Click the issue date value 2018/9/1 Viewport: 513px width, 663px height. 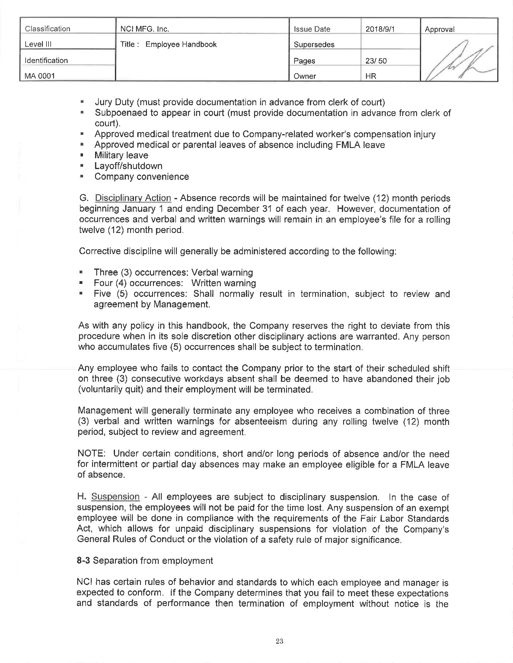pyautogui.click(x=380, y=29)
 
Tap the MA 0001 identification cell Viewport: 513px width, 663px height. pyautogui.click(x=40, y=76)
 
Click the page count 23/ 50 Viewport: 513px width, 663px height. pyautogui.click(x=376, y=61)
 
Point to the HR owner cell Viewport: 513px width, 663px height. pyautogui.click(x=371, y=76)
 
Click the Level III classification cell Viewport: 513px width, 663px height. pyautogui.click(x=38, y=44)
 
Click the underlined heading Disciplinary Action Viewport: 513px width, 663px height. pyautogui.click(x=133, y=198)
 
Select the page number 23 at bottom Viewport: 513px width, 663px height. pyautogui.click(x=280, y=641)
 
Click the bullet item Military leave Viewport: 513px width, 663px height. pyautogui.click(x=121, y=155)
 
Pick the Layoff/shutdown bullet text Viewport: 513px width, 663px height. pyautogui.click(x=128, y=166)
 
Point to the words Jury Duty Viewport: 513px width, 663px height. pyautogui.click(x=114, y=102)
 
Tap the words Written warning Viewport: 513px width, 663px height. pyautogui.click(x=224, y=283)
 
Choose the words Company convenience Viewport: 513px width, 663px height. pyautogui.click(x=142, y=176)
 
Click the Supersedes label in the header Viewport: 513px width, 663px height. pyautogui.click(x=314, y=45)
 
